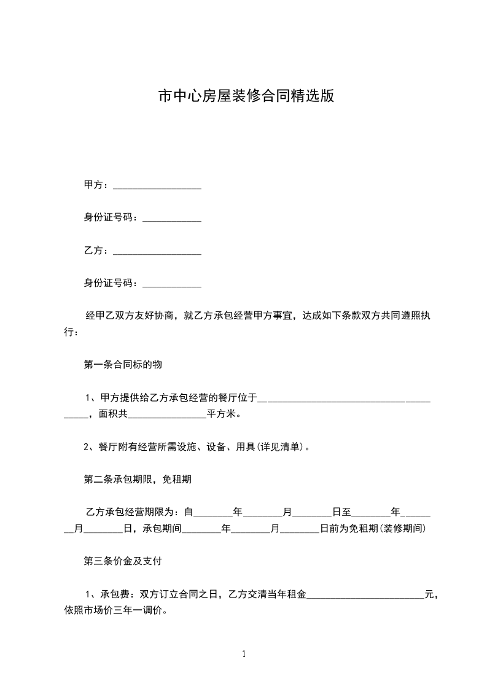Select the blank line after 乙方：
click(x=157, y=252)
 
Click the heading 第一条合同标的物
click(x=123, y=365)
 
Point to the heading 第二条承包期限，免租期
click(x=138, y=480)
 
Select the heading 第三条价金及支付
click(x=123, y=561)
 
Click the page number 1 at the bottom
click(x=244, y=654)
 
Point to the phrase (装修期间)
click(x=403, y=528)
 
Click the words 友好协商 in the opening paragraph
click(x=156, y=316)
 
